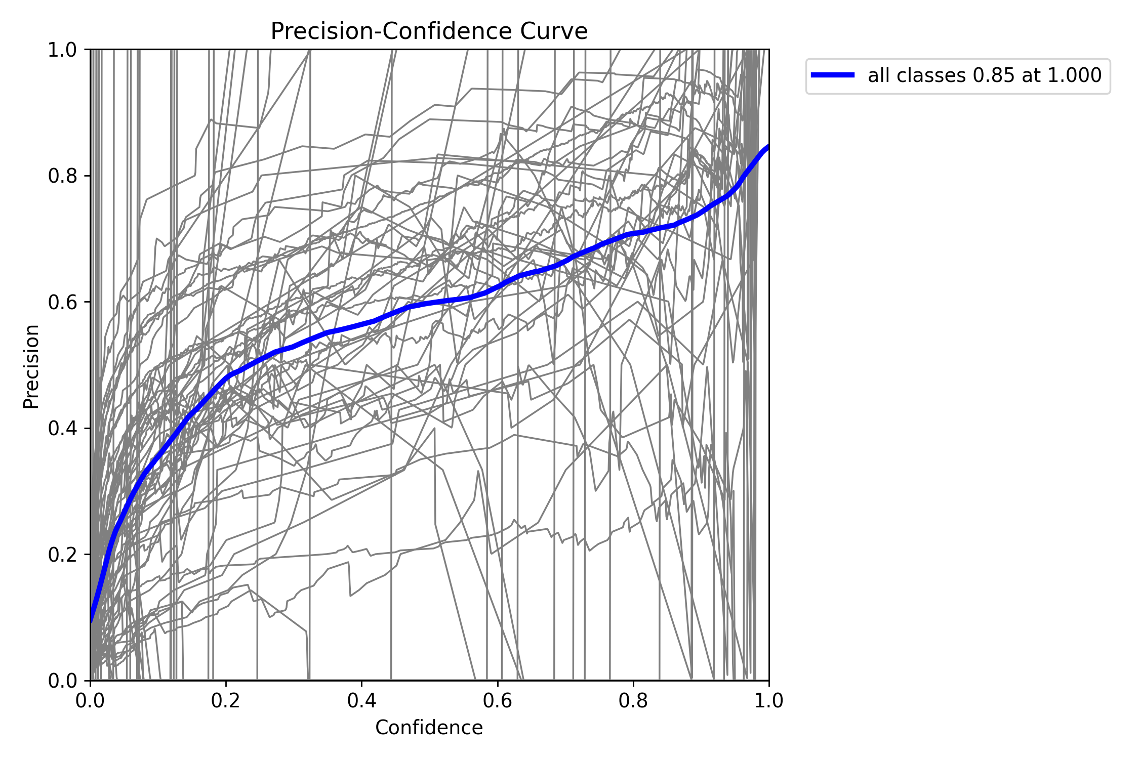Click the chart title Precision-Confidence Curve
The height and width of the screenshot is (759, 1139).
429,31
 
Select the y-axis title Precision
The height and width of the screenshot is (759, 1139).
31,366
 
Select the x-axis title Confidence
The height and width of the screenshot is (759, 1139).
429,728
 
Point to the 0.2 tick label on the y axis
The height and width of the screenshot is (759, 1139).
62,555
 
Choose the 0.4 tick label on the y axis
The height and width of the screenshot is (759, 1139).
62,429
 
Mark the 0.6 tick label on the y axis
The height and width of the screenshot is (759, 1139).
62,302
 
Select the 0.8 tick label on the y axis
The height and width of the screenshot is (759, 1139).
62,176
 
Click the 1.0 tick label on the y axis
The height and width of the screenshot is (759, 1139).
62,50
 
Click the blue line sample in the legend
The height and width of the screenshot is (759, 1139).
833,75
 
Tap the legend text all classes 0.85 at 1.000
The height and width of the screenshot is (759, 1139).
984,75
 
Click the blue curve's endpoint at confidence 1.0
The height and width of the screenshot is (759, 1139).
768,147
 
